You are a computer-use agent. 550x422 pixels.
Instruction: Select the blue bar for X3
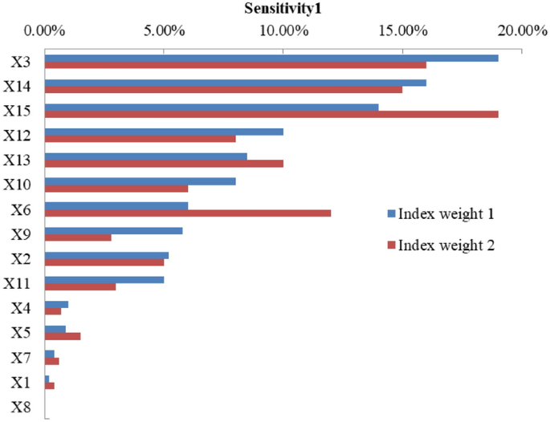coord(271,58)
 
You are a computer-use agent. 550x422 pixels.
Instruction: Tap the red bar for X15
coord(271,114)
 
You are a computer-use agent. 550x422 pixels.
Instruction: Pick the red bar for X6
coord(187,213)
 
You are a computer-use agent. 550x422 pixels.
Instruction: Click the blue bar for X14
coord(234,83)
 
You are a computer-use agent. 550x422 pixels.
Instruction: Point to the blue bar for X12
coord(164,132)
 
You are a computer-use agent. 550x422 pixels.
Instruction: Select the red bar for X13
coord(164,163)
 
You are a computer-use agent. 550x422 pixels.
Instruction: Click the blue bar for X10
coord(140,181)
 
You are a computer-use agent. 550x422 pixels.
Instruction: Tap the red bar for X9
coord(78,237)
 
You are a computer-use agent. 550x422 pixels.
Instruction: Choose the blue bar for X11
coord(104,280)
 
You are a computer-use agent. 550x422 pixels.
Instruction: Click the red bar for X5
coord(63,336)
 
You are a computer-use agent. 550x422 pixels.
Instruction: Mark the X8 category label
coord(22,407)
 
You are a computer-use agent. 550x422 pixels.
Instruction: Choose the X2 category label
coord(22,258)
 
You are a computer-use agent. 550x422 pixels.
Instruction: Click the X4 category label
coord(22,308)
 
